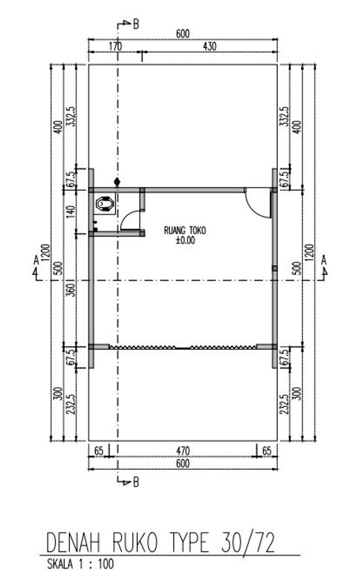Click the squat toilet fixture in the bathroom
[x=105, y=204]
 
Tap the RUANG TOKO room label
[x=185, y=230]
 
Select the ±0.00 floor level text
[x=186, y=240]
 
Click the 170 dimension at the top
[x=116, y=46]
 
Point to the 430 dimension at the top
[x=209, y=46]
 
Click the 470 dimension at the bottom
[x=183, y=451]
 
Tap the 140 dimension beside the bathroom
[x=70, y=212]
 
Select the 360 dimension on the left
[x=70, y=290]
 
